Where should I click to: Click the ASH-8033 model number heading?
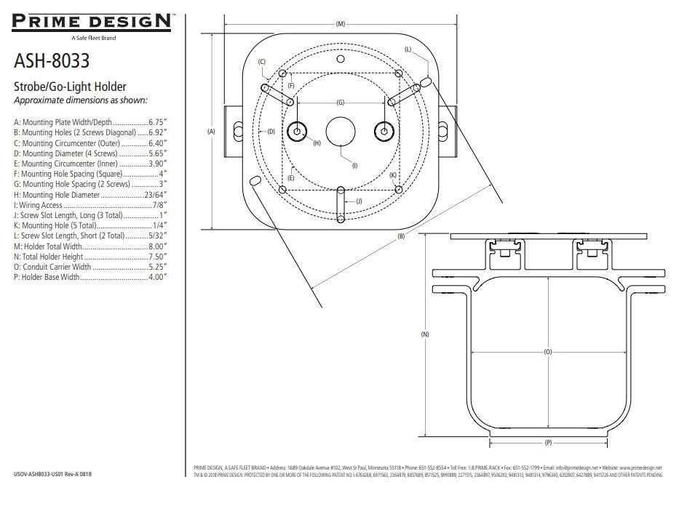[51, 60]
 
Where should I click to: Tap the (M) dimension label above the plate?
[341, 24]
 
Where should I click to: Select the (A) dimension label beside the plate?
[211, 132]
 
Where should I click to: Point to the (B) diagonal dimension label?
[401, 237]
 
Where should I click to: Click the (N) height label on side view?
[424, 334]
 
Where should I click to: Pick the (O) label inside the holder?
[548, 352]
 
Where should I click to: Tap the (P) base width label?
[548, 442]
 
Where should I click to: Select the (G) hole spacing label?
[340, 103]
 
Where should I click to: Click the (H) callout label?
[317, 143]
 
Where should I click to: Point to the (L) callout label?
[408, 49]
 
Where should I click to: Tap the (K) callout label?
[392, 175]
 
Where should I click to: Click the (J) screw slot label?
[360, 201]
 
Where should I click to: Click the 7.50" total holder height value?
[158, 257]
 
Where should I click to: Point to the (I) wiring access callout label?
[354, 166]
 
